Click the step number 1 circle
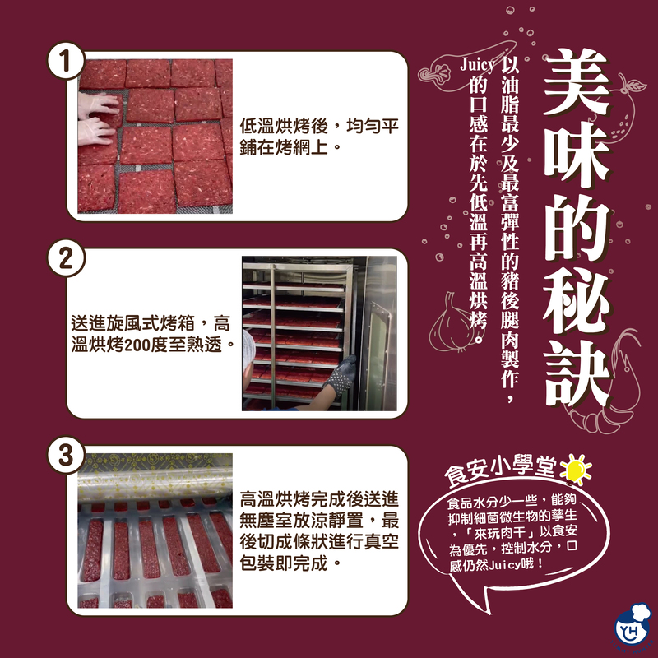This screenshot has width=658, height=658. pyautogui.click(x=66, y=61)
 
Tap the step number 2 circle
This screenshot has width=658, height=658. pyautogui.click(x=66, y=258)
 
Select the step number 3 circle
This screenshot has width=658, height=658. pyautogui.click(x=66, y=456)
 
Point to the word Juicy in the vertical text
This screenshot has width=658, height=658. pyautogui.click(x=477, y=65)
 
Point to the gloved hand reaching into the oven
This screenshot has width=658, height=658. pyautogui.click(x=340, y=376)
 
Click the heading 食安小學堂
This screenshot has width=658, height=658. pyautogui.click(x=501, y=469)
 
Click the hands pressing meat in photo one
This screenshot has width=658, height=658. pyautogui.click(x=97, y=119)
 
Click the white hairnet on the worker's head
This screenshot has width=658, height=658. pyautogui.click(x=249, y=350)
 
